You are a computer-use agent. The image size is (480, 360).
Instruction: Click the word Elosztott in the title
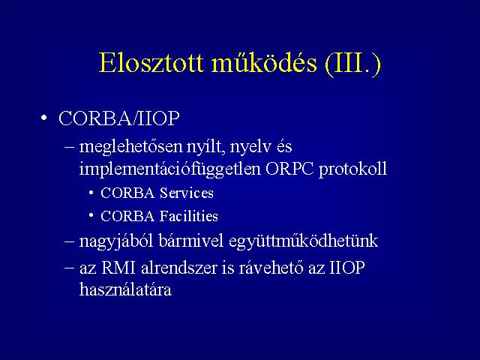coord(151,63)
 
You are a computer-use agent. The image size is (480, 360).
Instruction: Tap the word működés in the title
coord(264,63)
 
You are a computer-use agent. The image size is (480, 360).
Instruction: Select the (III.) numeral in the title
coord(352,64)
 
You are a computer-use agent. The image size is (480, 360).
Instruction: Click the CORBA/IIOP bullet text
coord(118,118)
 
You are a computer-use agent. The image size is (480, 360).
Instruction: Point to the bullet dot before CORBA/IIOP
coord(44,118)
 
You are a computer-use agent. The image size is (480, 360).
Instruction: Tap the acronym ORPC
coord(289,169)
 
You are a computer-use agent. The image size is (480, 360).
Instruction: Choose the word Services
coord(187,193)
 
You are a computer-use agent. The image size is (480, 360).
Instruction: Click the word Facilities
coord(189,216)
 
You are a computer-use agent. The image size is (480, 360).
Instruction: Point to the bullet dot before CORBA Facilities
coord(91,216)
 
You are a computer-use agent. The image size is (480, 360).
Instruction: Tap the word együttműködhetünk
coord(303,241)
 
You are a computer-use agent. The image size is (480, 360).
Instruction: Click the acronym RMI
coord(118,268)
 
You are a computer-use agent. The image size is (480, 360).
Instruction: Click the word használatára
coord(125,289)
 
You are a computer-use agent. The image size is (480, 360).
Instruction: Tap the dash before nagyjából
coord(70,241)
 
